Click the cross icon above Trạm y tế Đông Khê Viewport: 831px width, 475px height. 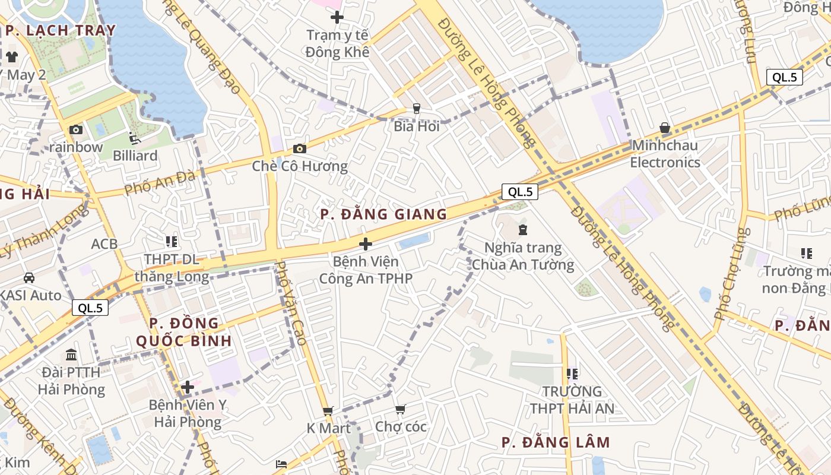click(x=337, y=17)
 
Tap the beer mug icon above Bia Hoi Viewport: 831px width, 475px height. click(x=417, y=108)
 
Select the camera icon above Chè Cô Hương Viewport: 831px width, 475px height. click(x=300, y=148)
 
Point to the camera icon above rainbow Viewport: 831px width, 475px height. click(x=76, y=129)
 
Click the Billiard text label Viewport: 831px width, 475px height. click(x=135, y=156)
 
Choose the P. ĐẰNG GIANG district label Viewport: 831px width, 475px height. click(x=383, y=214)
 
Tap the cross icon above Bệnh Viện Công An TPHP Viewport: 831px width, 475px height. click(x=366, y=243)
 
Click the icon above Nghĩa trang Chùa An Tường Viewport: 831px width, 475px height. click(x=523, y=229)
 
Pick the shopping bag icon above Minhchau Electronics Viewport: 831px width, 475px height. click(x=665, y=128)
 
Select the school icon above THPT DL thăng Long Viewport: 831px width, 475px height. click(x=172, y=241)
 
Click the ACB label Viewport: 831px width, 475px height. click(x=104, y=243)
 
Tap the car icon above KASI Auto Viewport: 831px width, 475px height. click(x=28, y=277)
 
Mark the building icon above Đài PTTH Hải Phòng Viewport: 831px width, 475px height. click(x=71, y=354)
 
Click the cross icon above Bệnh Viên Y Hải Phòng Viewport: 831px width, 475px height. click(x=188, y=388)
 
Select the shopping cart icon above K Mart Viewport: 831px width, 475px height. click(x=328, y=411)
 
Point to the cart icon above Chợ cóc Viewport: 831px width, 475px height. click(x=401, y=410)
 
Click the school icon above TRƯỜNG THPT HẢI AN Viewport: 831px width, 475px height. click(x=572, y=373)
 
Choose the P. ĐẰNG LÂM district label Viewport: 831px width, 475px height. click(x=556, y=442)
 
